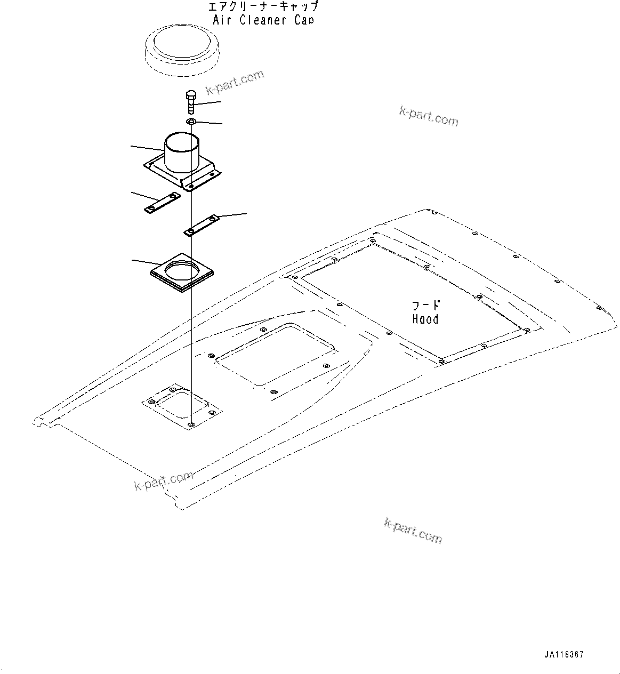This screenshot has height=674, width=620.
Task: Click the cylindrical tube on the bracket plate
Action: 182,152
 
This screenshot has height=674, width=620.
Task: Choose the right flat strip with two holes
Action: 202,224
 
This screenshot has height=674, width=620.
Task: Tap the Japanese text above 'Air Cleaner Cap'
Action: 263,6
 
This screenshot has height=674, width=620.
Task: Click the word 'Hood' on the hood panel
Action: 425,319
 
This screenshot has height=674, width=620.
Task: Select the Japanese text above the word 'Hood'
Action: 426,306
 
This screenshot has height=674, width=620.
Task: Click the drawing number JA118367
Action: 564,654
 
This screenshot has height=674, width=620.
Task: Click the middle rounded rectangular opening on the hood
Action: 275,353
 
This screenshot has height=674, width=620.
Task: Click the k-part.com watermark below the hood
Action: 413,530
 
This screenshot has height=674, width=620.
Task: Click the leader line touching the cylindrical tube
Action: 147,147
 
